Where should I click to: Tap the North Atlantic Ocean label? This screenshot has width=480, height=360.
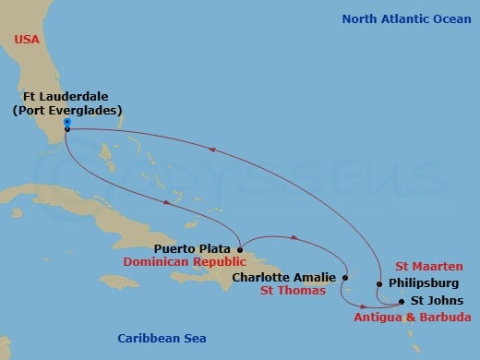[x=405, y=18]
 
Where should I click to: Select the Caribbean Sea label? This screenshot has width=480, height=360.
[x=162, y=338]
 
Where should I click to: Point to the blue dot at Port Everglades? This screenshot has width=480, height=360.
[x=67, y=122]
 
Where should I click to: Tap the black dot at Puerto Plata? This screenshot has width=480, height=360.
[x=239, y=248]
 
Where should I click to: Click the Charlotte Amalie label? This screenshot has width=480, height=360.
[x=284, y=276]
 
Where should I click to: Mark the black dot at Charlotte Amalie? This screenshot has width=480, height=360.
[x=344, y=276]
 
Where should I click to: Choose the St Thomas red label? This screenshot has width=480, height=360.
[x=293, y=292]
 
